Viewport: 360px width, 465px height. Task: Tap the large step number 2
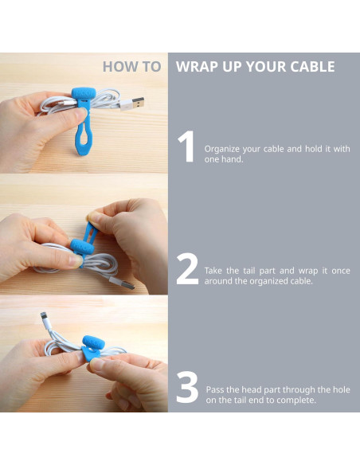pos(187,269)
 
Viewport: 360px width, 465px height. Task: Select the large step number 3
pos(187,387)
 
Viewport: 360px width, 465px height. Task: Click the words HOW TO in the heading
pos(132,67)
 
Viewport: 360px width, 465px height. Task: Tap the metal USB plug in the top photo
pos(137,103)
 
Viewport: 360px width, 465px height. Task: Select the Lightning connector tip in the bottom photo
pos(44,315)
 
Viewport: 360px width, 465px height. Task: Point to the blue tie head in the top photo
pos(84,93)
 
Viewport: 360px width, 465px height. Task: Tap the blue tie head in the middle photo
pos(82,247)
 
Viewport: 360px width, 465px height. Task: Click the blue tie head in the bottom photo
pos(93,342)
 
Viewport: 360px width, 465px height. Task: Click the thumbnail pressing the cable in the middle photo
pos(76,260)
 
